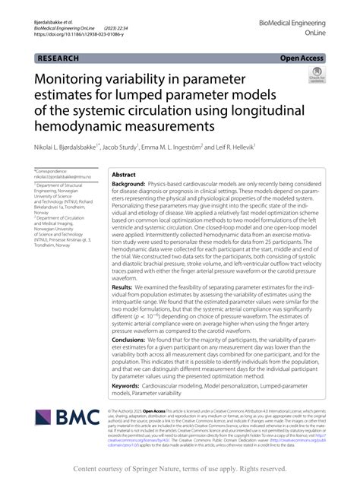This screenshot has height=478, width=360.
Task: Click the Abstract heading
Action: (x=124, y=174)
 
